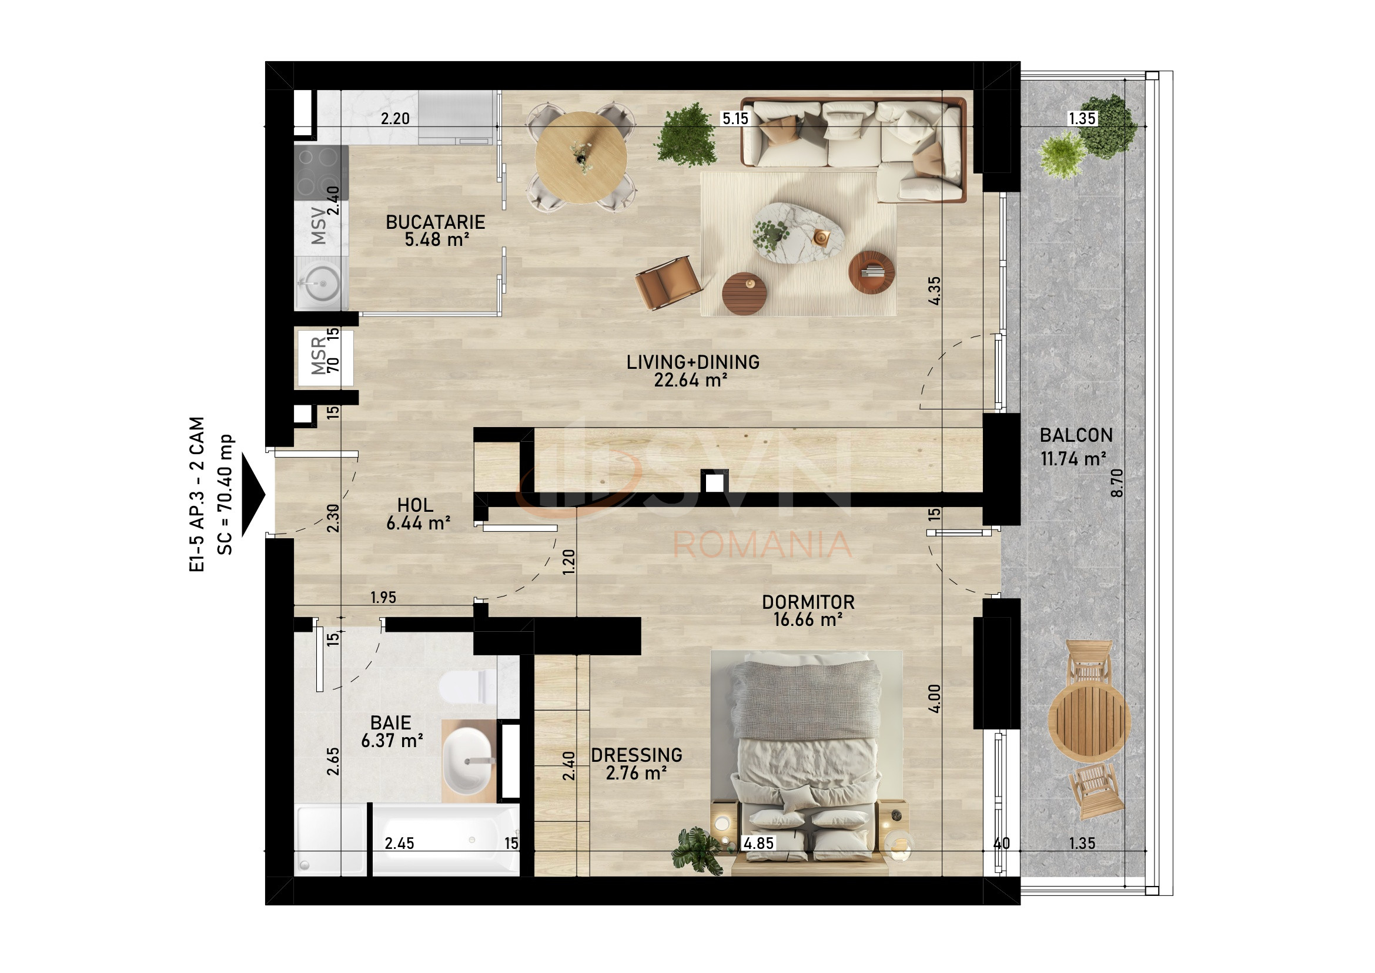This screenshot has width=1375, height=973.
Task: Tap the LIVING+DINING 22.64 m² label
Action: (x=692, y=371)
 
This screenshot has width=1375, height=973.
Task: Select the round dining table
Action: (x=580, y=158)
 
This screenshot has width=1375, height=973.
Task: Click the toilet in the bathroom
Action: (x=468, y=687)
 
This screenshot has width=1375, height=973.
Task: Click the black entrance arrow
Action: (x=253, y=495)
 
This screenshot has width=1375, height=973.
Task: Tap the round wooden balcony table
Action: (x=1089, y=721)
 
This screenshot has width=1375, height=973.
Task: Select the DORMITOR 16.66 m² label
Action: (x=808, y=611)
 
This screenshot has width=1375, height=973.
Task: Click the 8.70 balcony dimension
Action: (x=1117, y=482)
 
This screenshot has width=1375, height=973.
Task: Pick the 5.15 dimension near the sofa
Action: (x=735, y=119)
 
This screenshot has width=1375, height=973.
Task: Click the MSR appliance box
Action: (x=325, y=358)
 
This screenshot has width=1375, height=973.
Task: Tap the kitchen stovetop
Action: (x=321, y=172)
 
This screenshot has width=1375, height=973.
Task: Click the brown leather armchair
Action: (x=667, y=283)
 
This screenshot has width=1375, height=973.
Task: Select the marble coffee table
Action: (x=798, y=232)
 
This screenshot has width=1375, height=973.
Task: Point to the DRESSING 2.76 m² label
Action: (x=636, y=764)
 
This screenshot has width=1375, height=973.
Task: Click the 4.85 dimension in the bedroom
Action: (x=758, y=843)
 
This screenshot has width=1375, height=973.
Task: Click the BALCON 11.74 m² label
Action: (x=1076, y=446)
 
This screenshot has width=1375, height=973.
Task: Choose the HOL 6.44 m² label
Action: (x=417, y=514)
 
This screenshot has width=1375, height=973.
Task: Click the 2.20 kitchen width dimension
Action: (x=395, y=119)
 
